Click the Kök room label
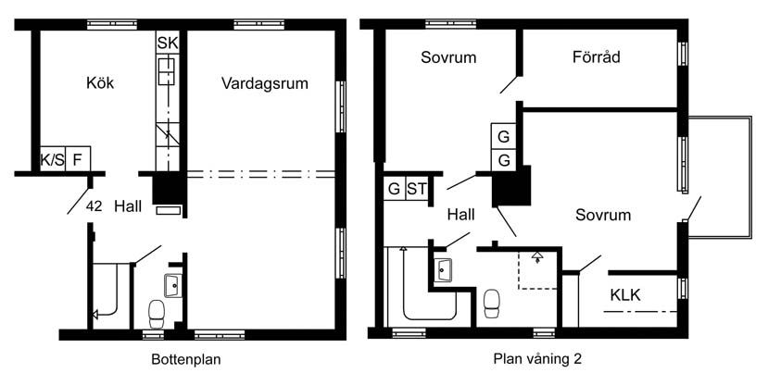click(100, 82)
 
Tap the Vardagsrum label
click(264, 83)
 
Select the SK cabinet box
click(168, 44)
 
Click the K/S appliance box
click(53, 159)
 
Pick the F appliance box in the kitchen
click(78, 159)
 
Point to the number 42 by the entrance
click(94, 206)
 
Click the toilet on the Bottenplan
click(157, 314)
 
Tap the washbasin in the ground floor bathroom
click(173, 285)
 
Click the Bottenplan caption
click(186, 359)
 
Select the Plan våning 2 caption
click(538, 359)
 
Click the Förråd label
click(596, 57)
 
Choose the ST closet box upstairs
click(417, 189)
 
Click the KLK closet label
click(625, 295)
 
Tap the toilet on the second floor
click(492, 303)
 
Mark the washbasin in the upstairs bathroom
click(444, 269)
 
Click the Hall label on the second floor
click(461, 215)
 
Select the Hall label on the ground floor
click(128, 206)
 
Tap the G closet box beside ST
click(395, 189)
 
